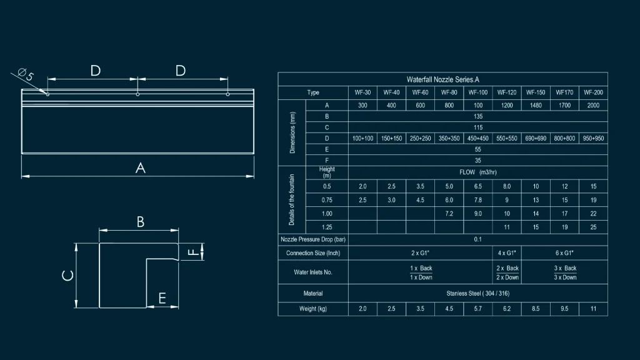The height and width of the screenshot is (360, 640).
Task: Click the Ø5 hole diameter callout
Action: pyautogui.click(x=26, y=75)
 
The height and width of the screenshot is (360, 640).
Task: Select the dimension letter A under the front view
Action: pyautogui.click(x=141, y=167)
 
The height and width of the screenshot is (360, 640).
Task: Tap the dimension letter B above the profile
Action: pyautogui.click(x=141, y=222)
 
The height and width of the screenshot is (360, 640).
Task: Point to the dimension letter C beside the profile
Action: pyautogui.click(x=67, y=276)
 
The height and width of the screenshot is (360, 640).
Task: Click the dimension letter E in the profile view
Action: pyautogui.click(x=162, y=298)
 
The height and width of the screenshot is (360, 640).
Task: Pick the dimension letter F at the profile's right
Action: pyautogui.click(x=192, y=252)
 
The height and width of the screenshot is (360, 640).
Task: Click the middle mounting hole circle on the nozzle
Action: pyautogui.click(x=137, y=94)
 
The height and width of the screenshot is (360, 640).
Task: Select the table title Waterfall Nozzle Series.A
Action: pyautogui.click(x=443, y=79)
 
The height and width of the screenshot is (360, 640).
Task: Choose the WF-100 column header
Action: pyautogui.click(x=478, y=92)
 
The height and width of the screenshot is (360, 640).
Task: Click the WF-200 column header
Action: pyautogui.click(x=593, y=92)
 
